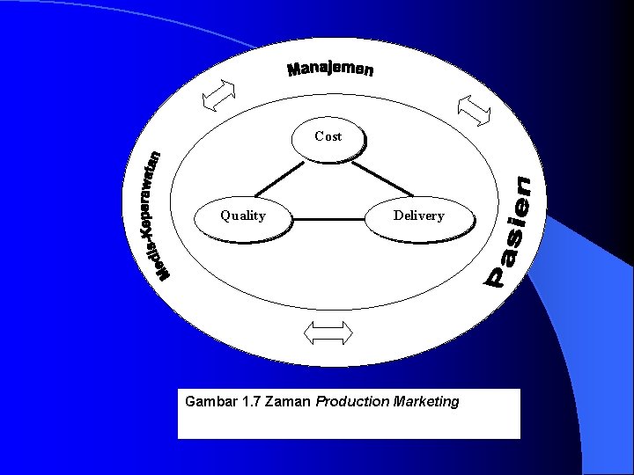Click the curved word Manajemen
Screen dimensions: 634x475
point(330,69)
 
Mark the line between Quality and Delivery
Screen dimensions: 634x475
point(328,217)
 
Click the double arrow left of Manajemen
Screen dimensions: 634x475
point(219,95)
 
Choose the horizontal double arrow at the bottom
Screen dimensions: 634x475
point(327,332)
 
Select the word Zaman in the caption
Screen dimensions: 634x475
point(285,402)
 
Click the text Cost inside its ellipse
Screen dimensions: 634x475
point(328,136)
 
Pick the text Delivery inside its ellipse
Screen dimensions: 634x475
point(418,216)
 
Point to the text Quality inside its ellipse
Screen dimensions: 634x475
point(243,216)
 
